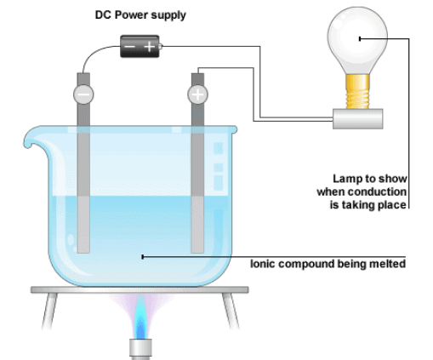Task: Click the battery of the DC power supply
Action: tap(140, 46)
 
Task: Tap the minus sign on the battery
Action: tap(129, 46)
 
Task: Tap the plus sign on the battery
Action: tap(150, 47)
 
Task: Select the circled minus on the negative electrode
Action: tap(83, 94)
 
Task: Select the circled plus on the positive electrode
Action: tap(197, 94)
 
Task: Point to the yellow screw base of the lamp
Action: tap(357, 91)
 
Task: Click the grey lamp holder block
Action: tap(358, 119)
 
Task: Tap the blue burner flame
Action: tap(140, 317)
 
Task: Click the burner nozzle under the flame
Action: tap(140, 349)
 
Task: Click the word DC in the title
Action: tap(103, 15)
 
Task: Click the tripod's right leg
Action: tap(231, 311)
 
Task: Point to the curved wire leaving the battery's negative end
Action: tap(93, 52)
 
